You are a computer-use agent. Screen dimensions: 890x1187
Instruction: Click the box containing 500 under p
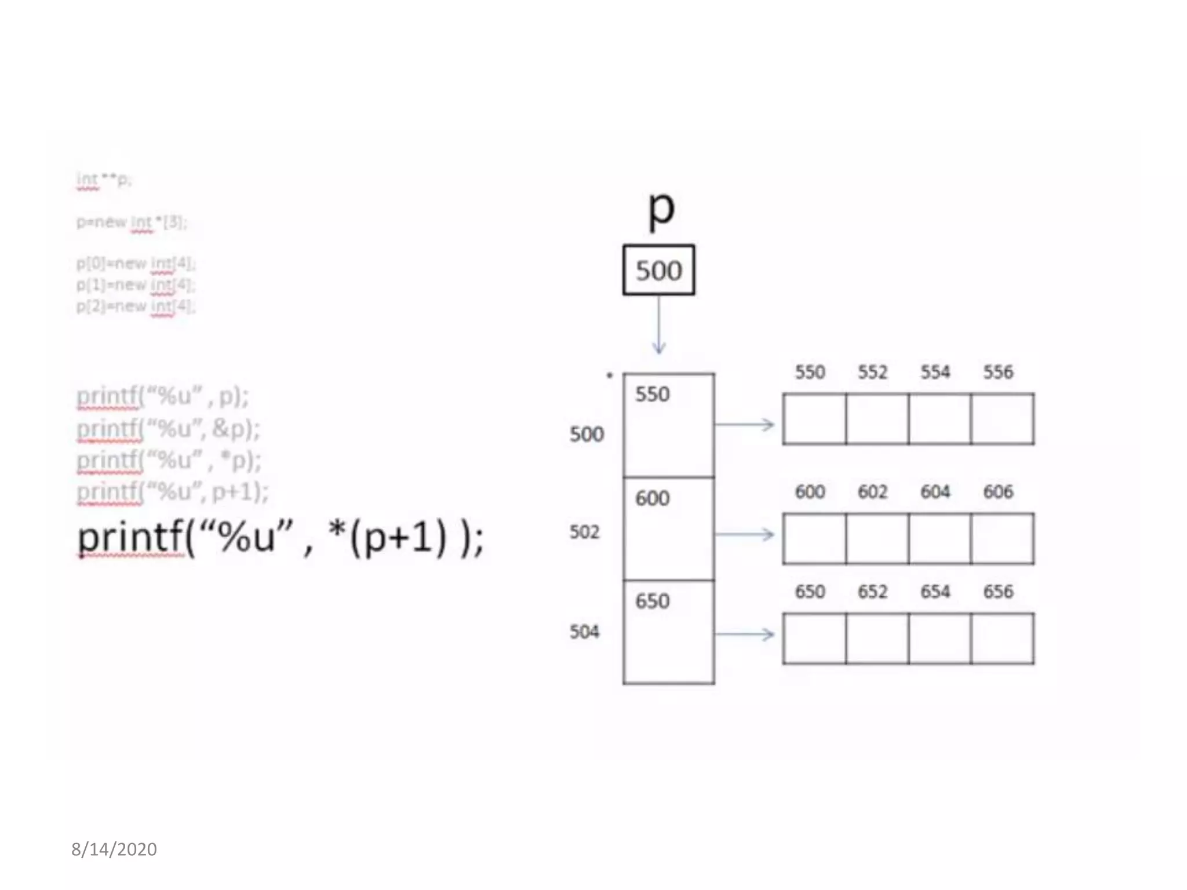pos(658,270)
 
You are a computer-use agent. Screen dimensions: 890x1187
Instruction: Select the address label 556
pos(997,372)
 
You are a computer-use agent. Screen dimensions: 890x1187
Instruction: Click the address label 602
pos(872,492)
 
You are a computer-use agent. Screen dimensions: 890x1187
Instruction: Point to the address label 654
pos(935,592)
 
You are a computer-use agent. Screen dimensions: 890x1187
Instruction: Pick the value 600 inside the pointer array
pos(652,498)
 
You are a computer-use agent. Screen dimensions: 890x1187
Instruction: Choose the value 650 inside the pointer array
pos(652,601)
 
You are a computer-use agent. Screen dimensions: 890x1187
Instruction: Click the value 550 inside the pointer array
pos(652,395)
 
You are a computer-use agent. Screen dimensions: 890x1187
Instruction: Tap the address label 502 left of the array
pos(584,532)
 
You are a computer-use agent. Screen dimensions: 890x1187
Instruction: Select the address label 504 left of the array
pos(584,632)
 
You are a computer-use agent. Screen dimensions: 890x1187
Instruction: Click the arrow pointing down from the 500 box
pos(658,324)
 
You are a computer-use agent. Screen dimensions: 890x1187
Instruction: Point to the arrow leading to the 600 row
pos(745,534)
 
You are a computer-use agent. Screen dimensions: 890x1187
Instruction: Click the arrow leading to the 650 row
pos(745,634)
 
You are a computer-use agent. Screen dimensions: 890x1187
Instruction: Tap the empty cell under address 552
pos(877,419)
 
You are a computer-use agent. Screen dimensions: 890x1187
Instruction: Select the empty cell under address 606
pos(1002,538)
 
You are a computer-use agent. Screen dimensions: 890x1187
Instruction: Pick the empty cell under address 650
pos(814,638)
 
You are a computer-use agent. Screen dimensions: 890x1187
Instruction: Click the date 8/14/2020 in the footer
pos(114,849)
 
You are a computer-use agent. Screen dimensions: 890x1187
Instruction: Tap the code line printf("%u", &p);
pos(168,429)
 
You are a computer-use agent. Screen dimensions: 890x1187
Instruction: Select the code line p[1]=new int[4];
pos(136,285)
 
